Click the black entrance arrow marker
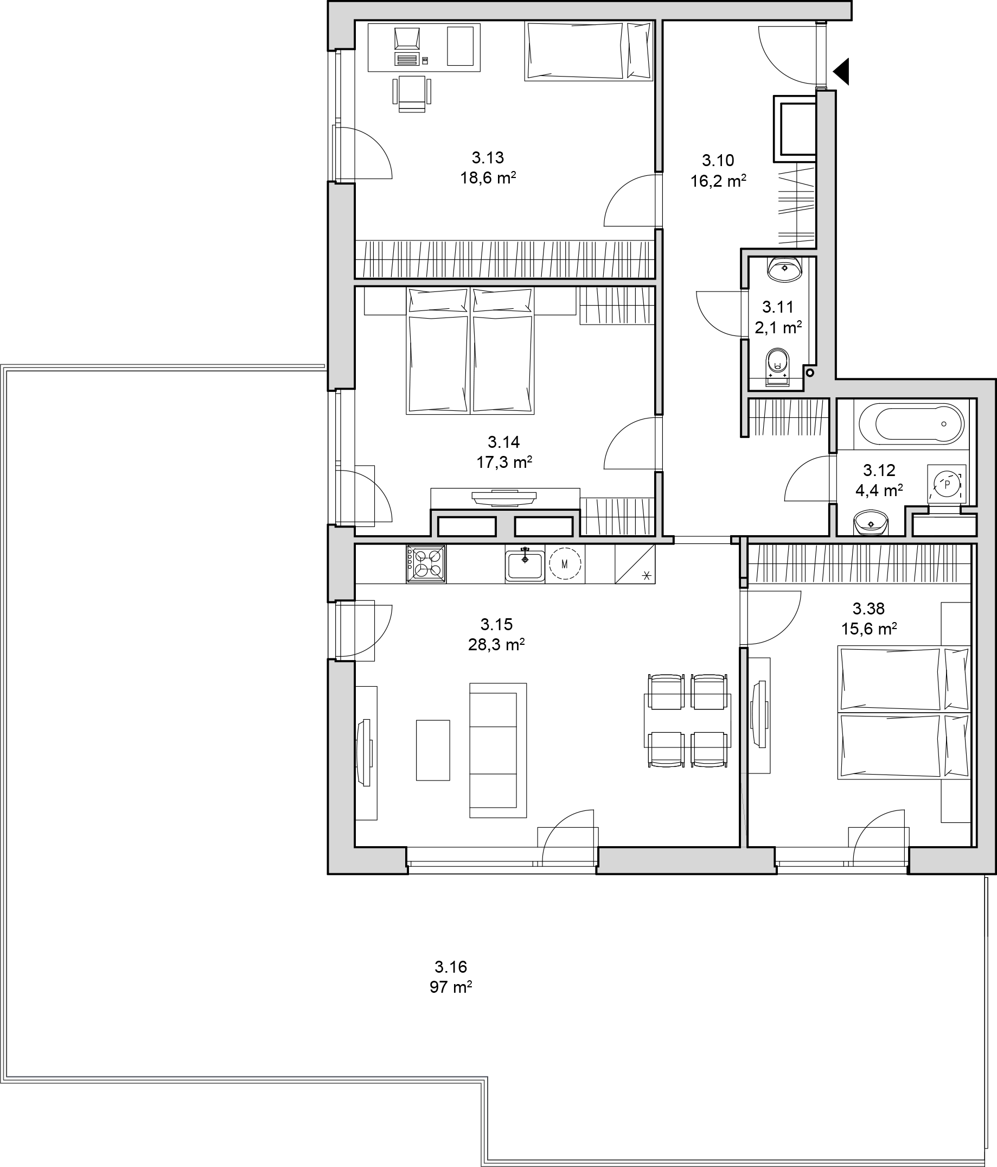pyautogui.click(x=842, y=72)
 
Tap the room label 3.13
pyautogui.click(x=488, y=157)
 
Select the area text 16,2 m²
pyautogui.click(x=718, y=181)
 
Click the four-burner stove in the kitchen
pyautogui.click(x=426, y=563)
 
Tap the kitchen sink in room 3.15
pyautogui.click(x=525, y=565)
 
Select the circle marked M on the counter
pyautogui.click(x=565, y=563)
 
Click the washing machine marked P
pyautogui.click(x=947, y=484)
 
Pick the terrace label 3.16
pyautogui.click(x=451, y=967)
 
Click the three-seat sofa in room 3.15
pyautogui.click(x=498, y=750)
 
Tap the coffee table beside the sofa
pyautogui.click(x=433, y=750)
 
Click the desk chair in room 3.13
pyautogui.click(x=412, y=93)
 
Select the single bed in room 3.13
pyautogui.click(x=589, y=50)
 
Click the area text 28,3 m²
pyautogui.click(x=496, y=644)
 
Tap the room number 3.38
pyautogui.click(x=868, y=608)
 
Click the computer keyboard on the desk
pyautogui.click(x=407, y=59)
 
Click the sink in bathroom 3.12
pyautogui.click(x=871, y=523)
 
